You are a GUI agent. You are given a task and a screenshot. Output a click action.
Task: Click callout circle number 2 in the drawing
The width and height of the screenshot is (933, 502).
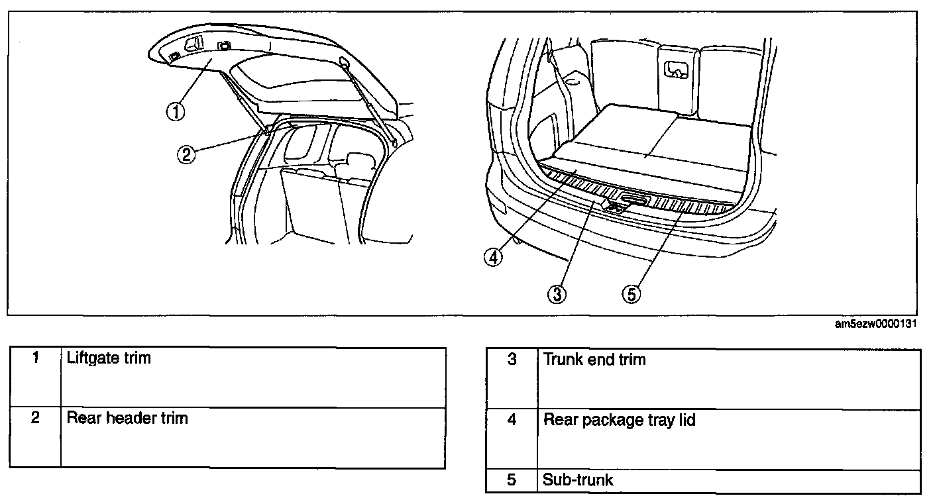[186, 155]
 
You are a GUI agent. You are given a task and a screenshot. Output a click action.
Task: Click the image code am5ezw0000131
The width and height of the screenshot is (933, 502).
[875, 324]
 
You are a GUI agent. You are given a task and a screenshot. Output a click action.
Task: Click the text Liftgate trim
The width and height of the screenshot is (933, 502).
[109, 358]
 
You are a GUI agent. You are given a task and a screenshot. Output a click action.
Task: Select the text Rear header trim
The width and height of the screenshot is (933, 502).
[127, 418]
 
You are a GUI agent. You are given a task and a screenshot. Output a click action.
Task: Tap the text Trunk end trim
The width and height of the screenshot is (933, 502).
[594, 360]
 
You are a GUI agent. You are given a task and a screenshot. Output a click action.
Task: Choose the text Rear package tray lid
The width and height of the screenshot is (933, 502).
[619, 420]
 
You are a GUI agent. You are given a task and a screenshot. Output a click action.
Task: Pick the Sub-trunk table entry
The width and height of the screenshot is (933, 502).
[578, 479]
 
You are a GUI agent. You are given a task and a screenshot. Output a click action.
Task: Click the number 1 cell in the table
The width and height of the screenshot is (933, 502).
[36, 358]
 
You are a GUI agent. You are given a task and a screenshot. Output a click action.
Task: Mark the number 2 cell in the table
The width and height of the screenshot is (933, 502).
[36, 418]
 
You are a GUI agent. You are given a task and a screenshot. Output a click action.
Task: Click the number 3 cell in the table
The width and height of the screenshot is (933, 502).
[512, 360]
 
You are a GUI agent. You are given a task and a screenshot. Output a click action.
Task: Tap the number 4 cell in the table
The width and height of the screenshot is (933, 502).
[512, 420]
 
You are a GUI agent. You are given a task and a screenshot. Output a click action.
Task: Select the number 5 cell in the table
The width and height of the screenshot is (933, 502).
[512, 479]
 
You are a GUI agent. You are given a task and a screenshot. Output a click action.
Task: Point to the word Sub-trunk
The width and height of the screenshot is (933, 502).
[578, 479]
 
